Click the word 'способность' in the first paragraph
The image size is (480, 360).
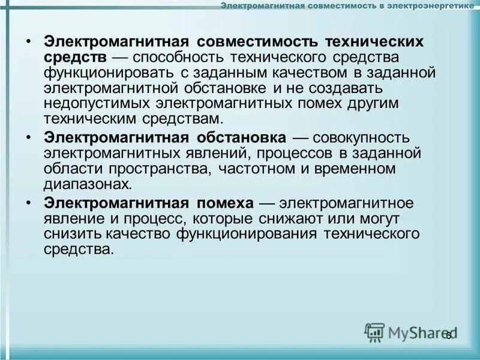tap(182, 58)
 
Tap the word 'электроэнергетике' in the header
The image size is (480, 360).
tap(429, 7)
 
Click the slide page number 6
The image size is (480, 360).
tap(448, 335)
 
